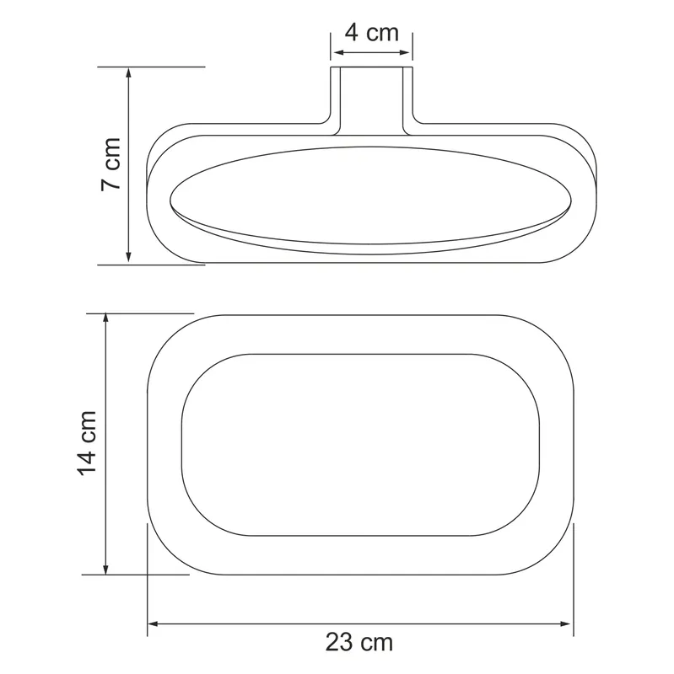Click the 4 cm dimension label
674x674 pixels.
pyautogui.click(x=372, y=33)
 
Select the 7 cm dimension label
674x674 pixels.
pyautogui.click(x=111, y=164)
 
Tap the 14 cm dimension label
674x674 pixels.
pyautogui.click(x=87, y=443)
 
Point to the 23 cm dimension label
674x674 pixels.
pyautogui.click(x=359, y=642)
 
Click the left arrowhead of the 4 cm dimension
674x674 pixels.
pyautogui.click(x=339, y=52)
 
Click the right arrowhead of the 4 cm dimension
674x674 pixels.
pyautogui.click(x=405, y=52)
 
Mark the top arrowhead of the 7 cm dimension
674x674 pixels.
pyautogui.click(x=128, y=72)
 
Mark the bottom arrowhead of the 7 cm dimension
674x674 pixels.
pyautogui.click(x=128, y=256)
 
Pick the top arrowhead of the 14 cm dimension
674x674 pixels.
pyautogui.click(x=106, y=319)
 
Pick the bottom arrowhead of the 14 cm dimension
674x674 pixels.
pyautogui.click(x=106, y=568)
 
